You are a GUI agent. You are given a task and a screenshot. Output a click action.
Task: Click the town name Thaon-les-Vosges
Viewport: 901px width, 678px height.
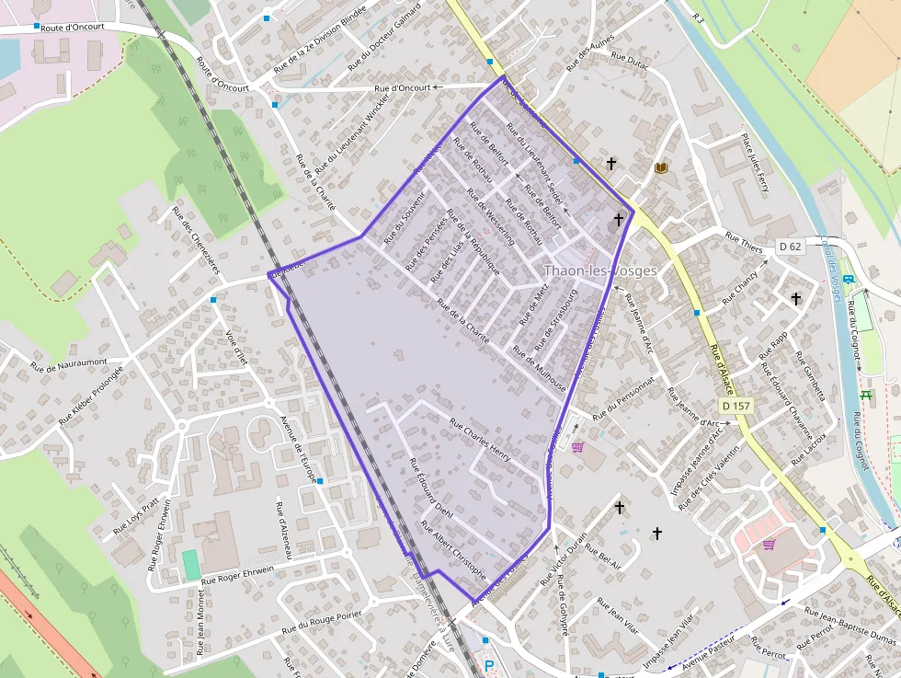pyautogui.click(x=600, y=270)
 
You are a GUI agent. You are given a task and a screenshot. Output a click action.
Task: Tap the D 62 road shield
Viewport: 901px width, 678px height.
pyautogui.click(x=790, y=246)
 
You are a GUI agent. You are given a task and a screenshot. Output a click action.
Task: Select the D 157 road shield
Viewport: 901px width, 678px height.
pyautogui.click(x=736, y=406)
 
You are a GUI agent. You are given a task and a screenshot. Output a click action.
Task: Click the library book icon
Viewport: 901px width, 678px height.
pyautogui.click(x=661, y=167)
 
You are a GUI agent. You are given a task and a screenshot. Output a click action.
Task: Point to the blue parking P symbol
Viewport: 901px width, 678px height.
pyautogui.click(x=489, y=666)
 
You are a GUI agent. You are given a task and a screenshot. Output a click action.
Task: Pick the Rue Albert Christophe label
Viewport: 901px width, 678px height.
pyautogui.click(x=453, y=549)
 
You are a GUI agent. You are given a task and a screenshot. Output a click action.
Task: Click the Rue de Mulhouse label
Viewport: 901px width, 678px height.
pyautogui.click(x=539, y=364)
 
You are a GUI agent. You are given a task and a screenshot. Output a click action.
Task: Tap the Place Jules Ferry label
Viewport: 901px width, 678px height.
pyautogui.click(x=755, y=162)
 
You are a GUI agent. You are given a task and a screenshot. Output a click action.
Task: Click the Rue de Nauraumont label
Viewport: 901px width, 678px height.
pyautogui.click(x=69, y=364)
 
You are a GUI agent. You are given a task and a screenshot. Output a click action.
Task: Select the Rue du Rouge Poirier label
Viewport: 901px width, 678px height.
pyautogui.click(x=325, y=620)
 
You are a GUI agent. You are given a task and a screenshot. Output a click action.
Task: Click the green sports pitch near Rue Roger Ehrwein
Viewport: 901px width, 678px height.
pyautogui.click(x=191, y=565)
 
